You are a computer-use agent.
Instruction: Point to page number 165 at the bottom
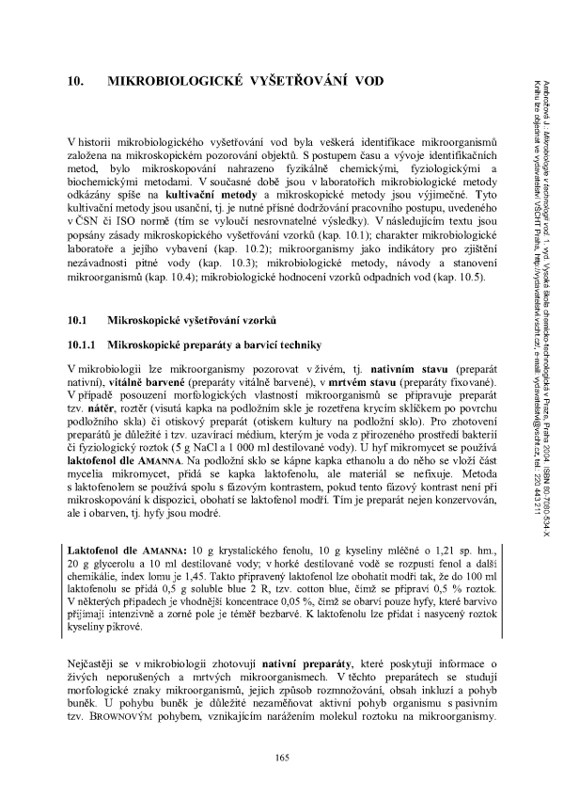tap(281, 759)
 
